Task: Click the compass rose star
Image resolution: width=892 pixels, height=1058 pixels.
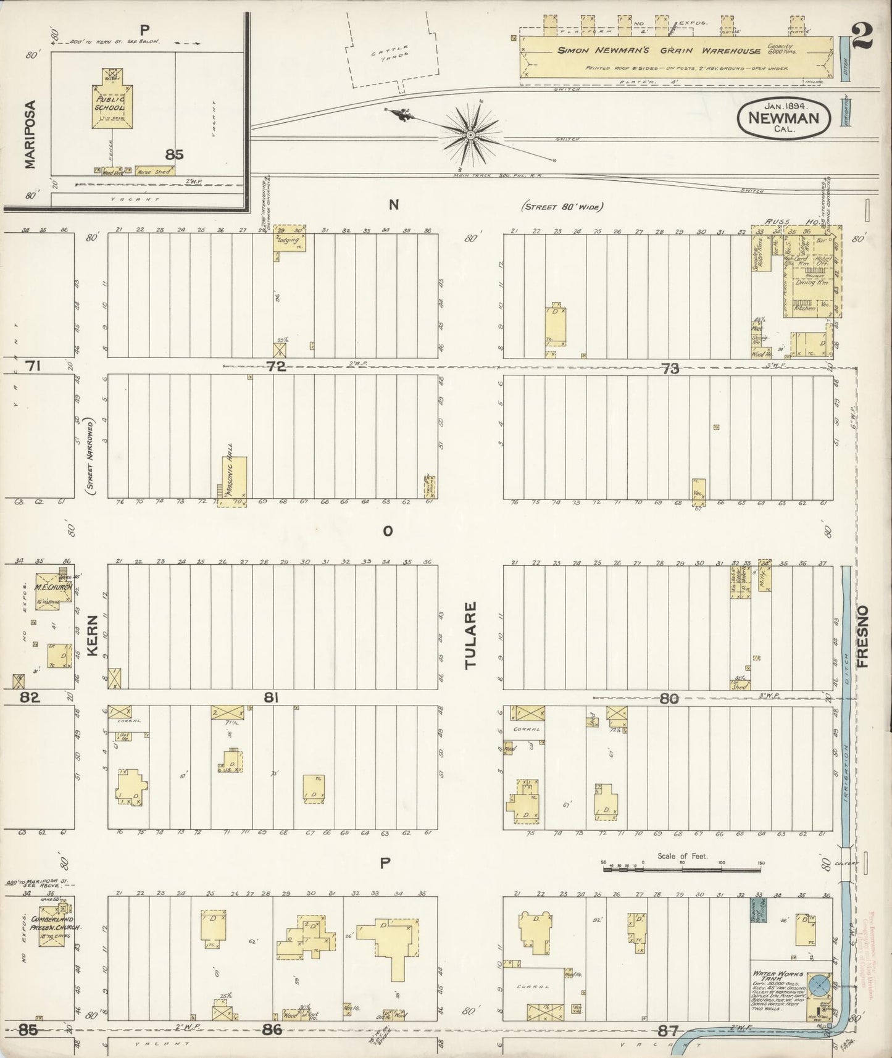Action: [470, 134]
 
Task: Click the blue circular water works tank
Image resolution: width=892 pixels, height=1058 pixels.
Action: [820, 983]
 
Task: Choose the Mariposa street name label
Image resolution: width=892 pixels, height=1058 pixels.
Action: [31, 135]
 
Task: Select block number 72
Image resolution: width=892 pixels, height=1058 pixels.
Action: [277, 366]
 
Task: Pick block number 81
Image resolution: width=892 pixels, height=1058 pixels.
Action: [272, 698]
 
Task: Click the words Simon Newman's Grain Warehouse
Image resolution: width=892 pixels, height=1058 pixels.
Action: [659, 51]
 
